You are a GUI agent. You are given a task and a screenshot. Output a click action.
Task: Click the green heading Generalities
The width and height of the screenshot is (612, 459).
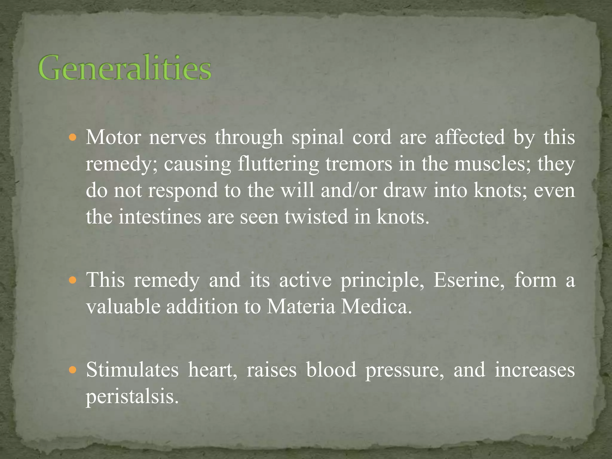pyautogui.click(x=125, y=68)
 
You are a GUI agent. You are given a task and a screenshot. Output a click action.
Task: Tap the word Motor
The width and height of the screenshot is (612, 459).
pyautogui.click(x=113, y=137)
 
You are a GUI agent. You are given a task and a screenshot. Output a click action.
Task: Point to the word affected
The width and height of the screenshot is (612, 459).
pyautogui.click(x=469, y=137)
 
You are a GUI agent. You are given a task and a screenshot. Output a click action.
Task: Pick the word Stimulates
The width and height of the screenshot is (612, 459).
pyautogui.click(x=132, y=370)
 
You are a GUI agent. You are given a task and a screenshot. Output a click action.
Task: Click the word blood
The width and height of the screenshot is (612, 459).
pyautogui.click(x=331, y=370)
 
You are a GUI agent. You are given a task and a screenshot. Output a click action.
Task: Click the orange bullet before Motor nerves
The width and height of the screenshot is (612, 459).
pyautogui.click(x=73, y=138)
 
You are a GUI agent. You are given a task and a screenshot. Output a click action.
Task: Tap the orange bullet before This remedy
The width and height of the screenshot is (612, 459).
pyautogui.click(x=73, y=281)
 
